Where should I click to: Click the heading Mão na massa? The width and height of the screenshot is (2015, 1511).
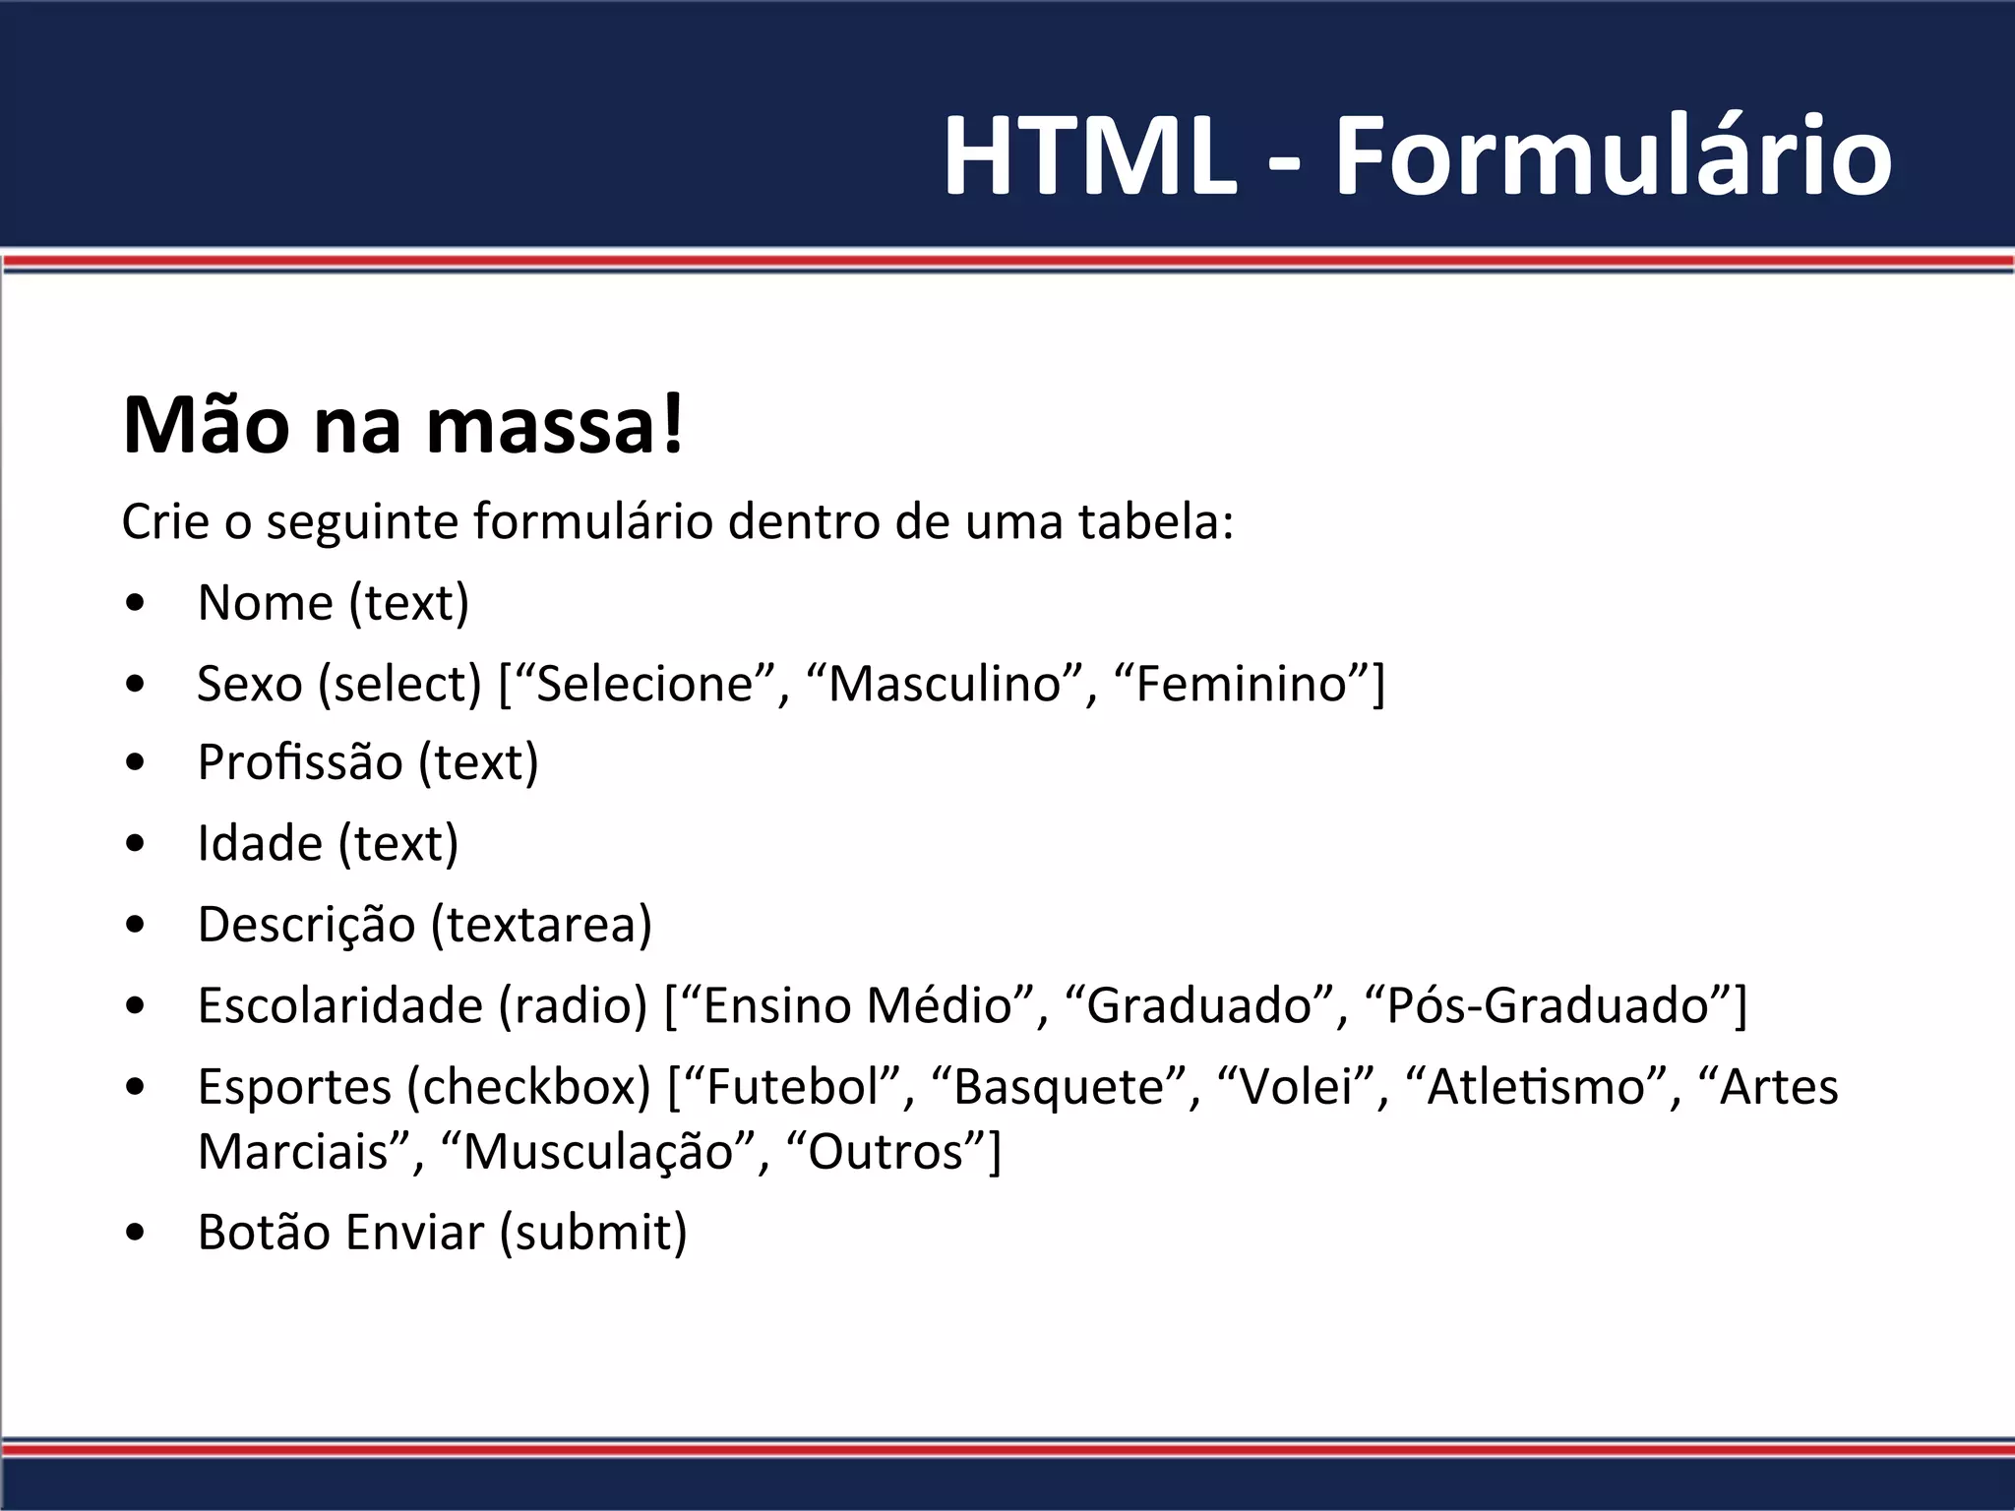[402, 426]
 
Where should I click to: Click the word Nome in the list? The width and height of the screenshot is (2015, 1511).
[265, 602]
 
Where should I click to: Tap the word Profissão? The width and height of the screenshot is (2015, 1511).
[300, 762]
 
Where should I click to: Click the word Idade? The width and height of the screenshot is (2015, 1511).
[260, 843]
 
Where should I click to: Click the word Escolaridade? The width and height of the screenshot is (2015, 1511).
[340, 1005]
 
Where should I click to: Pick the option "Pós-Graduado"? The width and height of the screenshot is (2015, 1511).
[1549, 1005]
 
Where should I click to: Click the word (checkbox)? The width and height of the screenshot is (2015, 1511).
[528, 1087]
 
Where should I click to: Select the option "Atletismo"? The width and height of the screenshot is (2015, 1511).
[1536, 1087]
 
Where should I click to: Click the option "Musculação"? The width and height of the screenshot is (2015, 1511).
[598, 1152]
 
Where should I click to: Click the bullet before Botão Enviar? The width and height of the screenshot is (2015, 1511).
[136, 1233]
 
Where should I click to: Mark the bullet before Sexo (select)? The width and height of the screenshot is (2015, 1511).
[136, 684]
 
